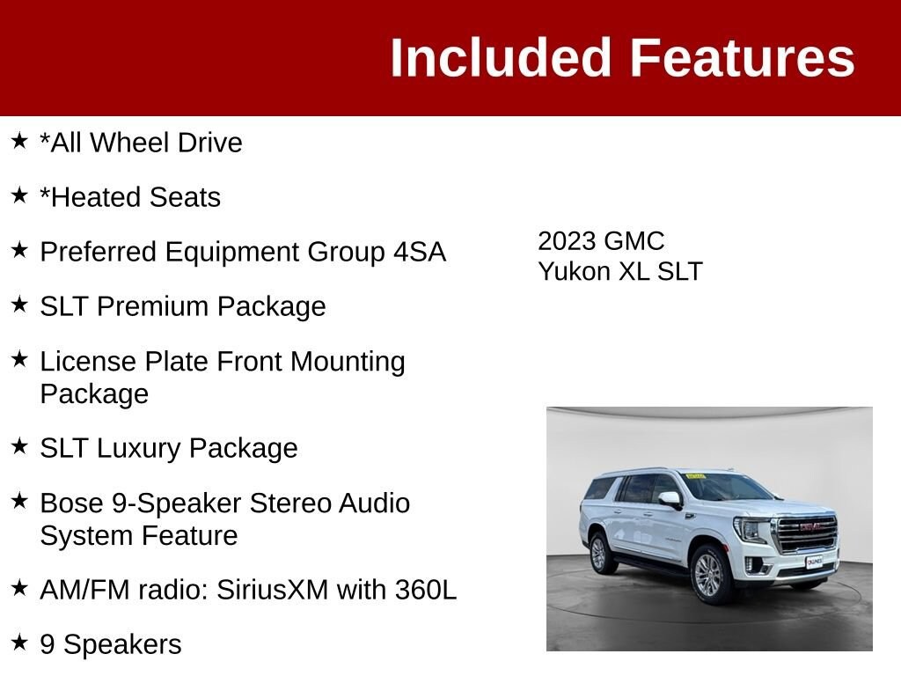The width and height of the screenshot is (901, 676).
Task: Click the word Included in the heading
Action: [x=501, y=57]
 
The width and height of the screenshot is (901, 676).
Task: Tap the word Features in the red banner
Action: [x=743, y=57]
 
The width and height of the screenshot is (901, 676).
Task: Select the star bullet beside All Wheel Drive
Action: [x=19, y=140]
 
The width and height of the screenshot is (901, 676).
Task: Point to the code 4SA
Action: [x=420, y=252]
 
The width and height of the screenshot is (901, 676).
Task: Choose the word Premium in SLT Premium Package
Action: [x=152, y=306]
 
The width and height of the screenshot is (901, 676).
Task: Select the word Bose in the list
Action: [x=72, y=503]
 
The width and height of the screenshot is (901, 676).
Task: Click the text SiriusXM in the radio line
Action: [x=273, y=590]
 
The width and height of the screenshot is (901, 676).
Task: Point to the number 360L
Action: [x=426, y=590]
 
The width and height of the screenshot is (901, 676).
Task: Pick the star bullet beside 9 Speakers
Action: [x=19, y=642]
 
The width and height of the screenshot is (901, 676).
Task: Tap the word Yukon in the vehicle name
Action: [x=574, y=271]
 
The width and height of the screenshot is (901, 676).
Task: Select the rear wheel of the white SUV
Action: [x=598, y=553]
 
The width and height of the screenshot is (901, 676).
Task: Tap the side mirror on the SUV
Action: [x=670, y=499]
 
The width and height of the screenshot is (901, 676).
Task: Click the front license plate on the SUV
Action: [x=814, y=562]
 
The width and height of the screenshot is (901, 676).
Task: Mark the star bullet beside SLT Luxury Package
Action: [x=19, y=446]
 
